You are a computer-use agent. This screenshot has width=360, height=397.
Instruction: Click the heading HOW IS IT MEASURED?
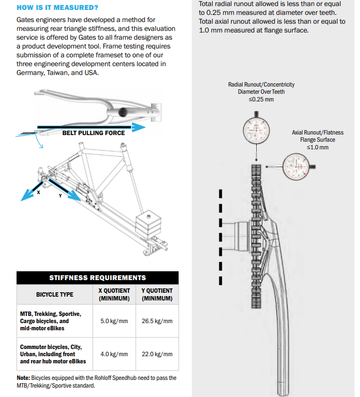pos(58,8)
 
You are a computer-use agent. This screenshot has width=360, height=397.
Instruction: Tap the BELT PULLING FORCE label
pos(93,133)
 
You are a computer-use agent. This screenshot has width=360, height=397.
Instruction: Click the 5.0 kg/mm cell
pos(114,321)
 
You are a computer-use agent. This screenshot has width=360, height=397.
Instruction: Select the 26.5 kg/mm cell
pos(157,321)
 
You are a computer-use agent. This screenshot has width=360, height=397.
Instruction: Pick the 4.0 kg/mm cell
pos(114,354)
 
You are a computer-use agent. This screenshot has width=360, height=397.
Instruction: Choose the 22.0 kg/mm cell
pos(157,354)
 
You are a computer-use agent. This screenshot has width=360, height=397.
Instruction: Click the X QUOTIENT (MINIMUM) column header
pos(114,294)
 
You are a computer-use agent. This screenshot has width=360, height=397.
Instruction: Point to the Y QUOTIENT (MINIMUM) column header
pos(157,294)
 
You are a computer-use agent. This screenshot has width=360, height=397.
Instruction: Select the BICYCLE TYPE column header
pos(55,294)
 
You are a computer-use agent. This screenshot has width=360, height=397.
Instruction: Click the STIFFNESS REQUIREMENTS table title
pos(98,278)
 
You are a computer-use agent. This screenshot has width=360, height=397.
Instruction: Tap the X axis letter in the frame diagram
pos(39,192)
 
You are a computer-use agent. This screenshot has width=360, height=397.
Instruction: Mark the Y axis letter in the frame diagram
pos(60,195)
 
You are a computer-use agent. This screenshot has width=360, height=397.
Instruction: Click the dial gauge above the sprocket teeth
pos(257,131)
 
